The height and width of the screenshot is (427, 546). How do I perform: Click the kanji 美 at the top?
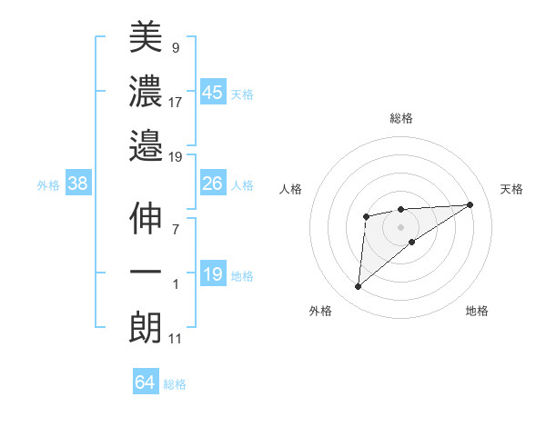[x=146, y=38]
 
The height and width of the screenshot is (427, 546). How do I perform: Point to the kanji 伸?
[x=146, y=220]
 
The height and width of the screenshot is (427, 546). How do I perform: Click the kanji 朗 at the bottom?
[x=146, y=327]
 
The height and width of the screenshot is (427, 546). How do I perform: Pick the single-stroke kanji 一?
[x=146, y=273]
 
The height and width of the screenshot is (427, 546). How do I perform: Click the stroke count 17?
[x=176, y=103]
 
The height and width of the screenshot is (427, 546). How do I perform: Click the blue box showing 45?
[x=212, y=92]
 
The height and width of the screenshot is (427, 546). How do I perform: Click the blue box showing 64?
[x=145, y=382]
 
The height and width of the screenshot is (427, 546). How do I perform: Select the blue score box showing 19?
[x=212, y=274]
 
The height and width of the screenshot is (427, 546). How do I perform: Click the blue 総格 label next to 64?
[x=176, y=384]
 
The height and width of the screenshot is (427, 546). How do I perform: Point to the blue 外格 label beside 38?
[x=48, y=185]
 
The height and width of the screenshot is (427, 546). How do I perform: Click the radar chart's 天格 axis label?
[x=512, y=189]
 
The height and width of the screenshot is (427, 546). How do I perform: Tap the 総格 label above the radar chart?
[x=401, y=118]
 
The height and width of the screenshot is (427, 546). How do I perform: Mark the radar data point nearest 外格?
[x=359, y=287]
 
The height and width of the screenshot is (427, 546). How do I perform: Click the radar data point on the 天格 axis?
[x=470, y=204]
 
